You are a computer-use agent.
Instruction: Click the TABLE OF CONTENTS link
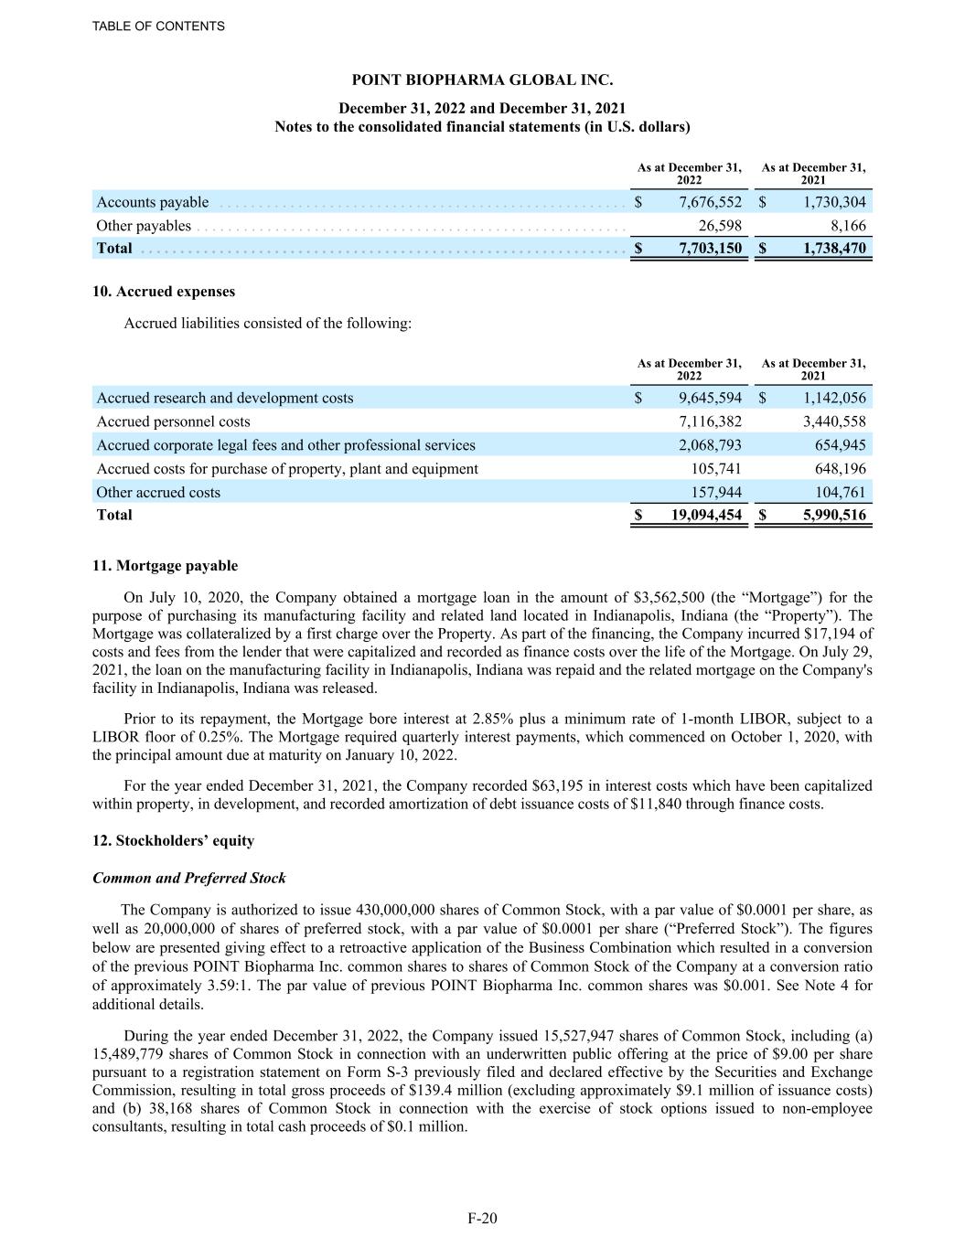coord(158,27)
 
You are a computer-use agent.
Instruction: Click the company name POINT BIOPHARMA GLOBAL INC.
coord(482,80)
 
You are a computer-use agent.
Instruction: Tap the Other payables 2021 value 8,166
coord(845,226)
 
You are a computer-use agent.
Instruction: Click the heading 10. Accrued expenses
coord(164,292)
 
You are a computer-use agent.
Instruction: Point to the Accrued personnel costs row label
coord(173,421)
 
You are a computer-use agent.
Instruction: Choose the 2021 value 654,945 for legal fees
coord(840,445)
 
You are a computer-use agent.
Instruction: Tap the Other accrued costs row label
coord(158,492)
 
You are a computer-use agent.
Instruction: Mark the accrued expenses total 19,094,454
coord(699,515)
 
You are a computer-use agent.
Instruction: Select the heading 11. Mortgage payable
coord(165,566)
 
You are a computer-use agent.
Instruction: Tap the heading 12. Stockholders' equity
coord(174,840)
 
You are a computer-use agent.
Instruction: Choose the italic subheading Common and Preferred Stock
coord(189,878)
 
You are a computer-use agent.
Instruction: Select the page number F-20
coord(482,1218)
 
